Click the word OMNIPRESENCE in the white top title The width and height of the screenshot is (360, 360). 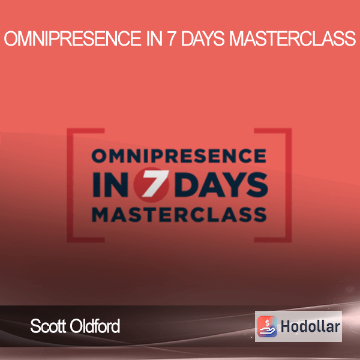click(73, 38)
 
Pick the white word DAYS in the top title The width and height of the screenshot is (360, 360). click(203, 38)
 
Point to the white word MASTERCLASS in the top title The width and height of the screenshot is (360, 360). click(293, 38)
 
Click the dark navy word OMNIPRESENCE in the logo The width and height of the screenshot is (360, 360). click(179, 155)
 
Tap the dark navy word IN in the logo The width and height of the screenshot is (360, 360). click(110, 185)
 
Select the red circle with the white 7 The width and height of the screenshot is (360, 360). click(152, 185)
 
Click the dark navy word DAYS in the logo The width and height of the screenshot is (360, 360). click(222, 185)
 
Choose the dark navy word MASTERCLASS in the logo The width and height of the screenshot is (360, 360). click(179, 214)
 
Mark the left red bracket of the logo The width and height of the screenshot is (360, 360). click(70, 185)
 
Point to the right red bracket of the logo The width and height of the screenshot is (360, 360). click(289, 185)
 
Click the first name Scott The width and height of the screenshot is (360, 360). click(49, 326)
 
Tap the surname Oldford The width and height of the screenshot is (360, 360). click(95, 326)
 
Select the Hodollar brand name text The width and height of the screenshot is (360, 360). click(310, 326)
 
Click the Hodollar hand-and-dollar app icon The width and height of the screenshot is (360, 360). click(267, 326)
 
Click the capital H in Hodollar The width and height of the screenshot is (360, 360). click(286, 326)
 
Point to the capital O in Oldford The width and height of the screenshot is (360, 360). click(76, 326)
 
